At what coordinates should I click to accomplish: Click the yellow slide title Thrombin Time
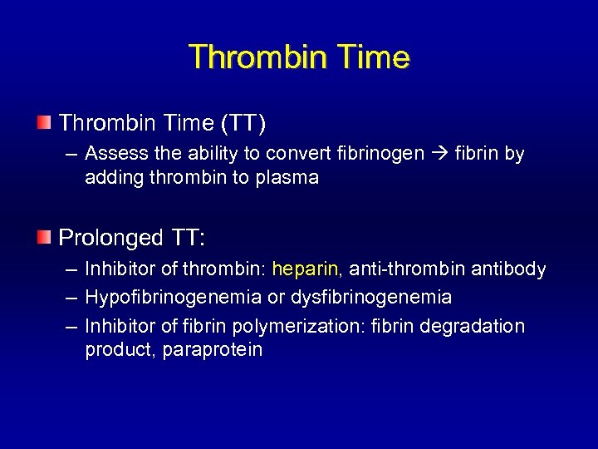tap(299, 57)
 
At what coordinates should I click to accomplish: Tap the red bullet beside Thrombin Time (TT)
tap(43, 124)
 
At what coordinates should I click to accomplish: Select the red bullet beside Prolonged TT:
tap(43, 238)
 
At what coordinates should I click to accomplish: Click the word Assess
tap(113, 154)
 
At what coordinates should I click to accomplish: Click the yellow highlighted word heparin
tap(305, 269)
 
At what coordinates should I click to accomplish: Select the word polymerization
tap(300, 326)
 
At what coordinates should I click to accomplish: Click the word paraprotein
tap(212, 349)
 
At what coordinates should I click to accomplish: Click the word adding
tap(111, 177)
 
